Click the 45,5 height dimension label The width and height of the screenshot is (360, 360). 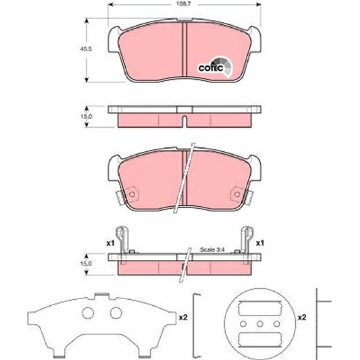pyautogui.click(x=86, y=49)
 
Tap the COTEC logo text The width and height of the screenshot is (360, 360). pyautogui.click(x=211, y=68)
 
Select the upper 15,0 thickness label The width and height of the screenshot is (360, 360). pyautogui.click(x=86, y=116)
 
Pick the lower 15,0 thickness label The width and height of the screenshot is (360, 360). pyautogui.click(x=86, y=263)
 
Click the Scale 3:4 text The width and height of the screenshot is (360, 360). pyautogui.click(x=212, y=250)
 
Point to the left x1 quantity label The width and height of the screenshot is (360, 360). pyautogui.click(x=110, y=244)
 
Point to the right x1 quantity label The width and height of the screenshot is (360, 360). pyautogui.click(x=260, y=243)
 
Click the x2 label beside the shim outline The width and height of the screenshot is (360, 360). pyautogui.click(x=183, y=317)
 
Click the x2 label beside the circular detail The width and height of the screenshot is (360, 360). pyautogui.click(x=302, y=317)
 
